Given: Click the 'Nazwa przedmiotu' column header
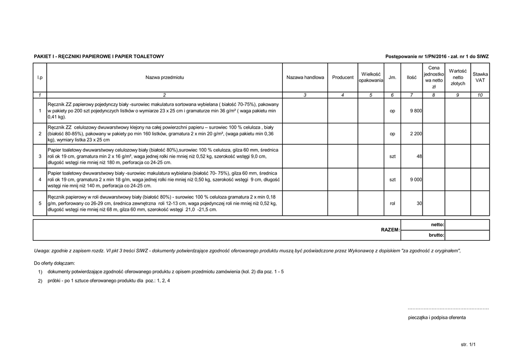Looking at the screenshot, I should [165, 78].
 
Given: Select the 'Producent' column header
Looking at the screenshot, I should [343, 78].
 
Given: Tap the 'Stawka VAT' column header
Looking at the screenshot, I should [480, 77].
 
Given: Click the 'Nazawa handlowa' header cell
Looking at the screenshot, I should [305, 78].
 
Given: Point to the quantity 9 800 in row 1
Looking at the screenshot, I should [416, 111].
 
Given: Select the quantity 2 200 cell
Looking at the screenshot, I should [416, 134].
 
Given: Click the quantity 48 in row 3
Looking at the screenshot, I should [419, 157].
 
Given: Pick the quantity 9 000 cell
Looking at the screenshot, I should [416, 179].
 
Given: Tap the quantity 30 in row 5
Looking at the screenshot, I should [419, 203].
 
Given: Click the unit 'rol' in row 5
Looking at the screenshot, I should [393, 203].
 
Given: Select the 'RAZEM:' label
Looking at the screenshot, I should [390, 230].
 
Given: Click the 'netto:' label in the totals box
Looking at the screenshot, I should [437, 225].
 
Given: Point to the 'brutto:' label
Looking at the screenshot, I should [436, 235].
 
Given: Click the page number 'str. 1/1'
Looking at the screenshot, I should [468, 344].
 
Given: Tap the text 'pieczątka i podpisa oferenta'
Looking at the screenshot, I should [436, 317].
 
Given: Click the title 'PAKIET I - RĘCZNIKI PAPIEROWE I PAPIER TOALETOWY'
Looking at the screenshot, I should [99, 57].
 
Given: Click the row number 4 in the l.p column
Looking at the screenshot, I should [40, 179].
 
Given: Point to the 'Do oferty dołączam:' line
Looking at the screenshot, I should [54, 263].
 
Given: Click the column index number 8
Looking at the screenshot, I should [433, 94].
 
